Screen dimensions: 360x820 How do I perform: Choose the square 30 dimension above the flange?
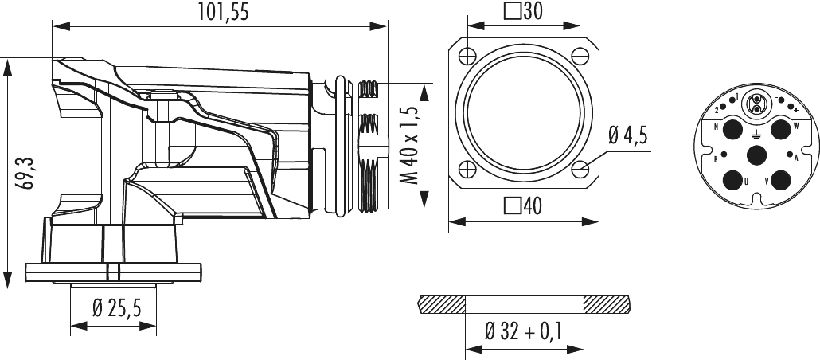pyautogui.click(x=524, y=11)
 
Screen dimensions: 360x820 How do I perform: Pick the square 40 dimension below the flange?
pyautogui.click(x=524, y=206)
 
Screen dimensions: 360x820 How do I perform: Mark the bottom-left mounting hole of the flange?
pyautogui.click(x=467, y=168)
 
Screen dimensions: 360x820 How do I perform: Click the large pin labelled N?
pyautogui.click(x=732, y=130)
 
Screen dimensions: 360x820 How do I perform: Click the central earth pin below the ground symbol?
pyautogui.click(x=756, y=156)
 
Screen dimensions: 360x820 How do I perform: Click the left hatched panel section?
pyautogui.click(x=441, y=304)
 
